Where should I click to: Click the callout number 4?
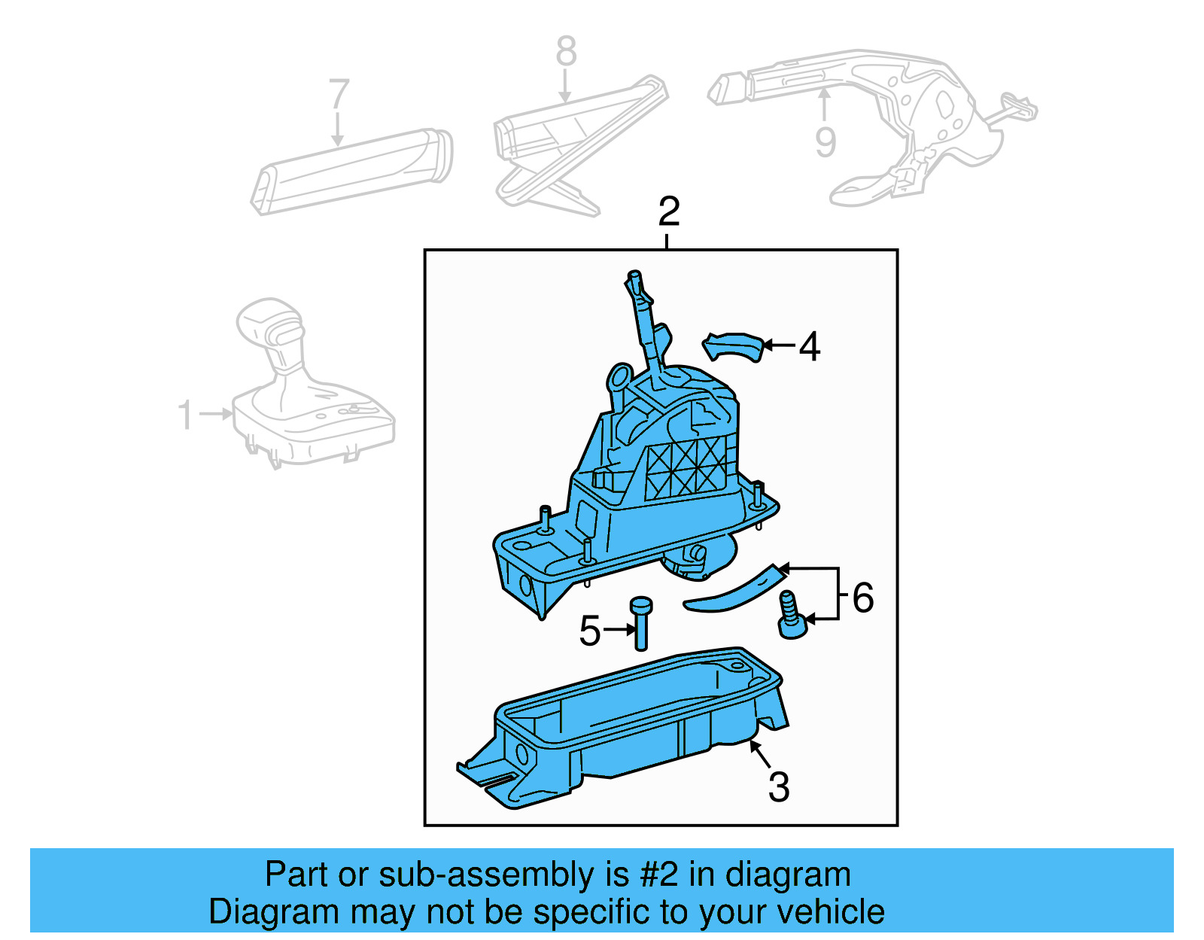(809, 347)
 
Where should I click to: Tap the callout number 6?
(862, 598)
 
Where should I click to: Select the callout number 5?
(590, 631)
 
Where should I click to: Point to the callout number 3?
(779, 787)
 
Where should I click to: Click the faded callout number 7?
(339, 96)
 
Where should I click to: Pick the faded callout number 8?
(566, 52)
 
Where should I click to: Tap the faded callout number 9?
(825, 142)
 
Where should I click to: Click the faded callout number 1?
(185, 415)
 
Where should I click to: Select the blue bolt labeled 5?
(641, 623)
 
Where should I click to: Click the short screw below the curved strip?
(791, 616)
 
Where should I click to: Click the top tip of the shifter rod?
(634, 276)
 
